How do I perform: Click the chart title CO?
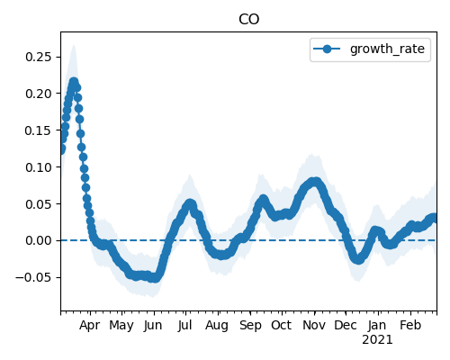click(248, 20)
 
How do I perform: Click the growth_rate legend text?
click(387, 49)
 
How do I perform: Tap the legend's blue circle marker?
click(327, 49)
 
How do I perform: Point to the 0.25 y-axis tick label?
click(39, 57)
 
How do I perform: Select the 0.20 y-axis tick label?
click(39, 94)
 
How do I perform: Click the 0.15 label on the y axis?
click(39, 130)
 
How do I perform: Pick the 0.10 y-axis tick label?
click(39, 167)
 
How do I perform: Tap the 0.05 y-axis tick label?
click(39, 204)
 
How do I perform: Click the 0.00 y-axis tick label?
click(39, 240)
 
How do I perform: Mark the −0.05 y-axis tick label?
click(34, 277)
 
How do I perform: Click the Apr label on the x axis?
click(89, 326)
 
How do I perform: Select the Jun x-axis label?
click(153, 326)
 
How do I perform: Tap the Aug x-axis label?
click(217, 326)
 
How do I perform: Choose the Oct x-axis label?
click(281, 325)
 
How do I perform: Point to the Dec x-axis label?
click(346, 325)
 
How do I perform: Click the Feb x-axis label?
click(410, 325)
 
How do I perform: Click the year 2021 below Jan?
click(377, 340)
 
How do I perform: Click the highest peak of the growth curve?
click(74, 81)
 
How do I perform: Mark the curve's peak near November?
click(314, 182)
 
